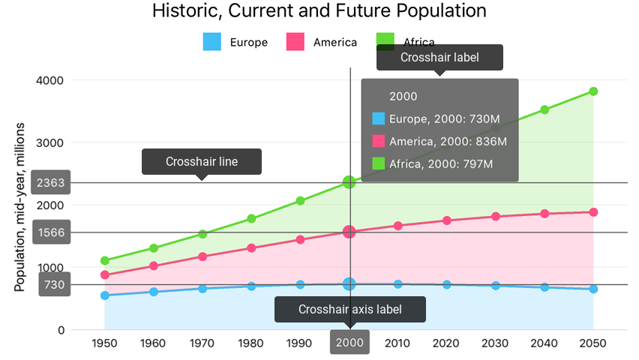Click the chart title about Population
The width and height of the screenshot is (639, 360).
click(319, 11)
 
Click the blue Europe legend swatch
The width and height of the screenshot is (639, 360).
click(212, 42)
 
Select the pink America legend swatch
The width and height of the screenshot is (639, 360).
click(296, 42)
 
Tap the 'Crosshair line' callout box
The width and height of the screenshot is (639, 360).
click(202, 161)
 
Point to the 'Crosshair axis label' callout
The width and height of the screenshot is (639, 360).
click(349, 309)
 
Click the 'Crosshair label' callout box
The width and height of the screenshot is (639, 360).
click(439, 57)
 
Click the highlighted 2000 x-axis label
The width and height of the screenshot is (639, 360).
click(349, 342)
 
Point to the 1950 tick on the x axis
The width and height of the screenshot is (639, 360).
click(105, 342)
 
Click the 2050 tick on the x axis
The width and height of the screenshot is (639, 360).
click(593, 342)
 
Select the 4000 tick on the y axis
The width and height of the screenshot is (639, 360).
click(50, 80)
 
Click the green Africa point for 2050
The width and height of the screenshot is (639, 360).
click(593, 91)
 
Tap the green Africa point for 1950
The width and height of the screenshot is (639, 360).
click(105, 261)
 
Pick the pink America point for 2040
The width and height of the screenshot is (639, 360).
click(544, 214)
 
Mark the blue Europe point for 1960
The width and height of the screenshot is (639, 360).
click(154, 292)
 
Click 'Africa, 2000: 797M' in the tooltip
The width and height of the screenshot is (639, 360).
click(440, 163)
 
